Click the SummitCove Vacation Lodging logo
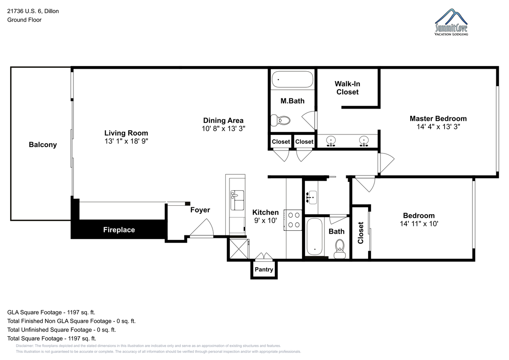(x=451, y=22)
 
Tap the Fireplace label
(x=119, y=230)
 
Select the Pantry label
(x=264, y=269)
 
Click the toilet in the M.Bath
(x=281, y=120)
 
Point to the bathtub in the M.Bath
(x=292, y=79)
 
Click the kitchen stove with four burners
(x=293, y=220)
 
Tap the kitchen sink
(x=237, y=200)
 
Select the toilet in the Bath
(x=340, y=249)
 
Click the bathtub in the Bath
(x=314, y=237)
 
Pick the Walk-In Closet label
(x=347, y=88)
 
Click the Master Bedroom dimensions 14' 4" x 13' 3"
(x=438, y=126)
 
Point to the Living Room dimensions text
(x=126, y=141)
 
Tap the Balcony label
(x=43, y=145)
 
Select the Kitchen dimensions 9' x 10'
(x=266, y=220)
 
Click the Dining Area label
(x=223, y=120)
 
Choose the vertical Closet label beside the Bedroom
(x=361, y=233)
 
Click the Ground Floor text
(x=24, y=20)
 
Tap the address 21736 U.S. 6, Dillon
(x=33, y=11)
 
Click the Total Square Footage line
(x=52, y=338)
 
